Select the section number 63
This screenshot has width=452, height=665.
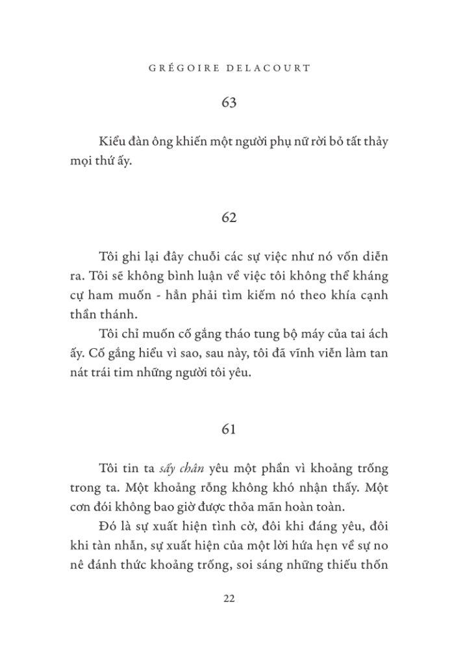click(229, 103)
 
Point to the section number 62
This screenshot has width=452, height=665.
click(229, 218)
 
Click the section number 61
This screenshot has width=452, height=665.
click(229, 429)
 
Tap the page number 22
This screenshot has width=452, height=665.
click(229, 598)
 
